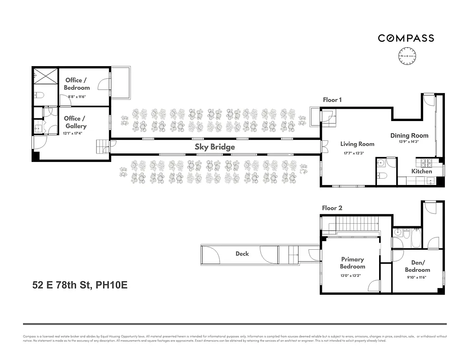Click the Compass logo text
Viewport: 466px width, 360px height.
(406, 38)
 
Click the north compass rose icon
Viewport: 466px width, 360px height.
(407, 56)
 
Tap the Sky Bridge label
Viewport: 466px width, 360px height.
(215, 147)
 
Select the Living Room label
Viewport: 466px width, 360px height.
(357, 144)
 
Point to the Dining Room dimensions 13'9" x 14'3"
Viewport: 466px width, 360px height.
(409, 142)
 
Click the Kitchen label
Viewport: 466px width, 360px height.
(421, 171)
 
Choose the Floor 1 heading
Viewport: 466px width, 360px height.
(332, 100)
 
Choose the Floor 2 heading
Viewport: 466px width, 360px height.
(332, 208)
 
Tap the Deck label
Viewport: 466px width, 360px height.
(242, 254)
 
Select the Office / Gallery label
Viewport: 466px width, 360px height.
(75, 122)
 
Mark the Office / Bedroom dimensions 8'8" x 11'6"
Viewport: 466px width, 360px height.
(77, 96)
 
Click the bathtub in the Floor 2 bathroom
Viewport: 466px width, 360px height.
(416, 238)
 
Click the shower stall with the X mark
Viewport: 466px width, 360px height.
(45, 76)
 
